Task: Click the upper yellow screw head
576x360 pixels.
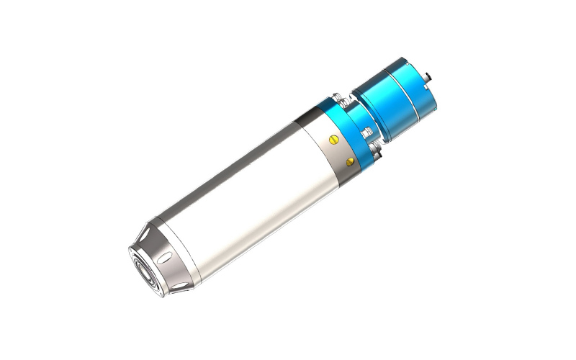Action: click(332, 138)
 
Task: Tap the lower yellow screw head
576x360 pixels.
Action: click(350, 159)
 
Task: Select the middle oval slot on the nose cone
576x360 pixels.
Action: click(163, 256)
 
